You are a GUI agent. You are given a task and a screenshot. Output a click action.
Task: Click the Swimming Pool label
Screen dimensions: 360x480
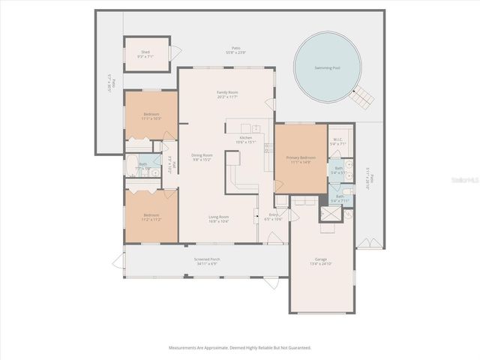point(326,67)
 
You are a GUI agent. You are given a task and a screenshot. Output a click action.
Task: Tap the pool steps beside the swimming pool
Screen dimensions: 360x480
point(363,97)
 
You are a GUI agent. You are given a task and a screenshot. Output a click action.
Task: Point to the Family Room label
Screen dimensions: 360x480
point(226,93)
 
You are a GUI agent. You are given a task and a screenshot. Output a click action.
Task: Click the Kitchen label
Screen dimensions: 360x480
point(247,139)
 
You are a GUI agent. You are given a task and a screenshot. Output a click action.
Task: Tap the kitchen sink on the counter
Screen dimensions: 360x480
point(256,128)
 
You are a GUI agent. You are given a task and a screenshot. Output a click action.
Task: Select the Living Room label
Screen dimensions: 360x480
point(218,219)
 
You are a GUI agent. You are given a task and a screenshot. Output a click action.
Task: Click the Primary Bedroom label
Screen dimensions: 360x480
point(301,160)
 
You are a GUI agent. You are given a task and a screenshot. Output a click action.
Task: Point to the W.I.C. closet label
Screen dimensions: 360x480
point(338,141)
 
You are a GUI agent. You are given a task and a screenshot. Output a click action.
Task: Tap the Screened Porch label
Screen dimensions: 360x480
point(206,262)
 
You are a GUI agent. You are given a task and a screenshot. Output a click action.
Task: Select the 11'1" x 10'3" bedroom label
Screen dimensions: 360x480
point(151,116)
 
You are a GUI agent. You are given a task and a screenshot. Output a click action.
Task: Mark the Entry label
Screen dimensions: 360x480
point(274,217)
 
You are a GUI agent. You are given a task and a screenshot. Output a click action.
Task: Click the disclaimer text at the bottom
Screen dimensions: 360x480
point(240,348)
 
